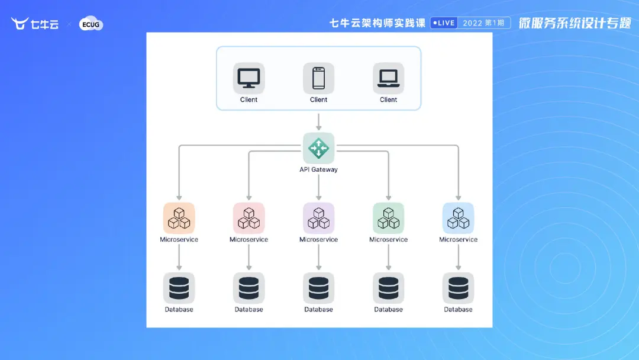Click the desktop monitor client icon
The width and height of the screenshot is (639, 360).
pyautogui.click(x=248, y=78)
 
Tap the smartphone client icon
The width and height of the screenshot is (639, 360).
pyautogui.click(x=318, y=78)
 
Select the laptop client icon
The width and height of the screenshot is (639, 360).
pyautogui.click(x=388, y=78)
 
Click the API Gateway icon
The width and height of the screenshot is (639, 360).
pyautogui.click(x=318, y=148)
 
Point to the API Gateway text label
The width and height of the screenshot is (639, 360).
pyautogui.click(x=318, y=170)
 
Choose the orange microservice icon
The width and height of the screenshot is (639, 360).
pyautogui.click(x=179, y=218)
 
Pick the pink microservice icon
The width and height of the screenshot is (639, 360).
pyautogui.click(x=248, y=218)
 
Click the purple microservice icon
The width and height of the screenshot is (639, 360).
pyautogui.click(x=318, y=218)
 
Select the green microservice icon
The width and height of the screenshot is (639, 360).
pyautogui.click(x=388, y=218)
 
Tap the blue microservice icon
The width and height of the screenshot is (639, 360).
pyautogui.click(x=458, y=218)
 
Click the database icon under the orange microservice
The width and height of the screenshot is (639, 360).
pyautogui.click(x=179, y=288)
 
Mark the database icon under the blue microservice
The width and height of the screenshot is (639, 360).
pyautogui.click(x=458, y=288)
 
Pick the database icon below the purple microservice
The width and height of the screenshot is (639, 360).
pyautogui.click(x=318, y=288)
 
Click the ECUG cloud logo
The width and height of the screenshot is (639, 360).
pyautogui.click(x=91, y=24)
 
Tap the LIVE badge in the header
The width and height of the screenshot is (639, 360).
pyautogui.click(x=443, y=23)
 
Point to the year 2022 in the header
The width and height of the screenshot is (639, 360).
pyautogui.click(x=472, y=23)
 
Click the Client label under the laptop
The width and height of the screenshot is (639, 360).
pyautogui.click(x=388, y=100)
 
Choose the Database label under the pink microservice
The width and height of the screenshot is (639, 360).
pyautogui.click(x=248, y=310)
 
